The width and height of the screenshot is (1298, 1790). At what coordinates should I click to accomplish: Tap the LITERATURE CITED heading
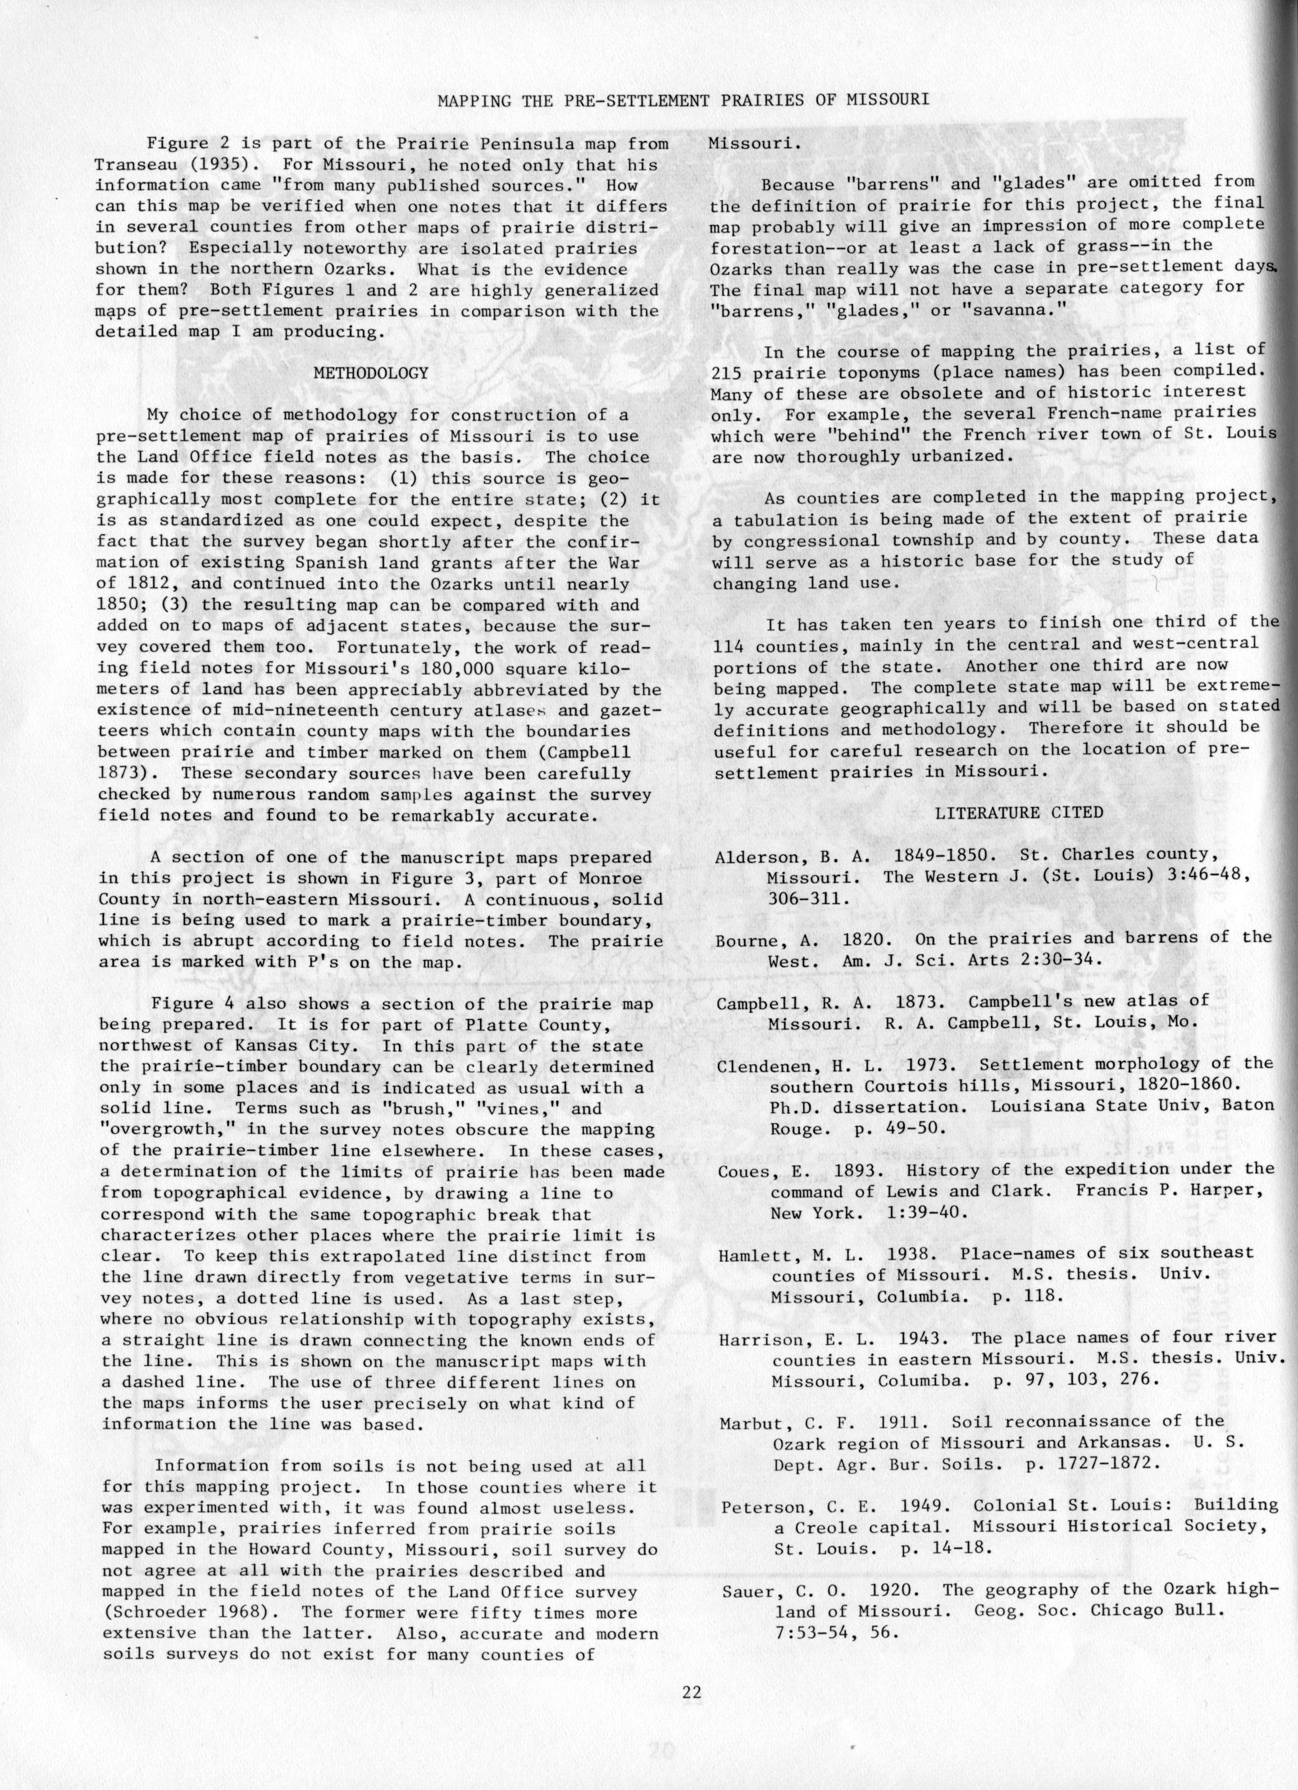(1018, 812)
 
